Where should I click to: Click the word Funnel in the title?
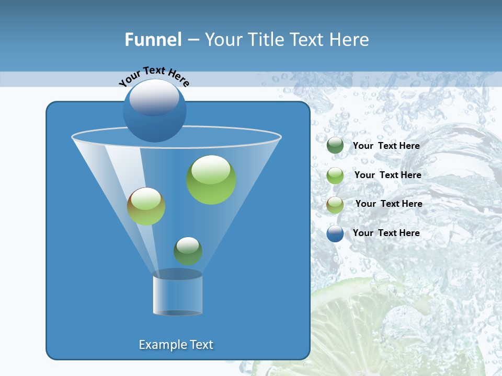tap(153, 40)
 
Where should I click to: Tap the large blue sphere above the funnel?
tap(154, 110)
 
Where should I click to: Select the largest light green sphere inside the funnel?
tap(211, 180)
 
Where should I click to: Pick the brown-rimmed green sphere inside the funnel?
tap(146, 206)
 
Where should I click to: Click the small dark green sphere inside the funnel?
tap(188, 251)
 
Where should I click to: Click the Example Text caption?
tap(176, 345)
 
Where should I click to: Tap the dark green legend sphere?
tap(335, 146)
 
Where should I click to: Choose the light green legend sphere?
tap(335, 175)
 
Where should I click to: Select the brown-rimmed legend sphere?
tap(335, 205)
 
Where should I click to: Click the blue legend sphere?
tap(335, 233)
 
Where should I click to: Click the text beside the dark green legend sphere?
tap(386, 146)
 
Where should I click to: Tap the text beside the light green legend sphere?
tap(387, 175)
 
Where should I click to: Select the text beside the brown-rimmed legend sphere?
tap(389, 204)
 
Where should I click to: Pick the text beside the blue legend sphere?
tap(386, 233)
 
